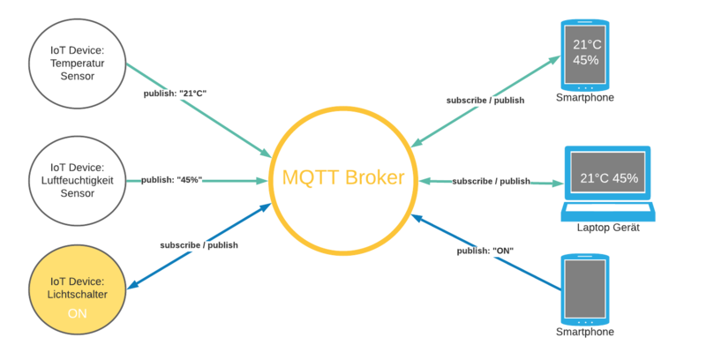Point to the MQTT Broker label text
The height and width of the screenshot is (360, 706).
click(x=342, y=177)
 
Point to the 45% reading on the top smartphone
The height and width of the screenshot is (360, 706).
click(x=586, y=61)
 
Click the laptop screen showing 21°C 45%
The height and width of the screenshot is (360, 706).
click(x=610, y=178)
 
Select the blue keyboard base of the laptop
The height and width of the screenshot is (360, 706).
click(x=610, y=213)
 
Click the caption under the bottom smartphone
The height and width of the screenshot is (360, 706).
click(x=585, y=333)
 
